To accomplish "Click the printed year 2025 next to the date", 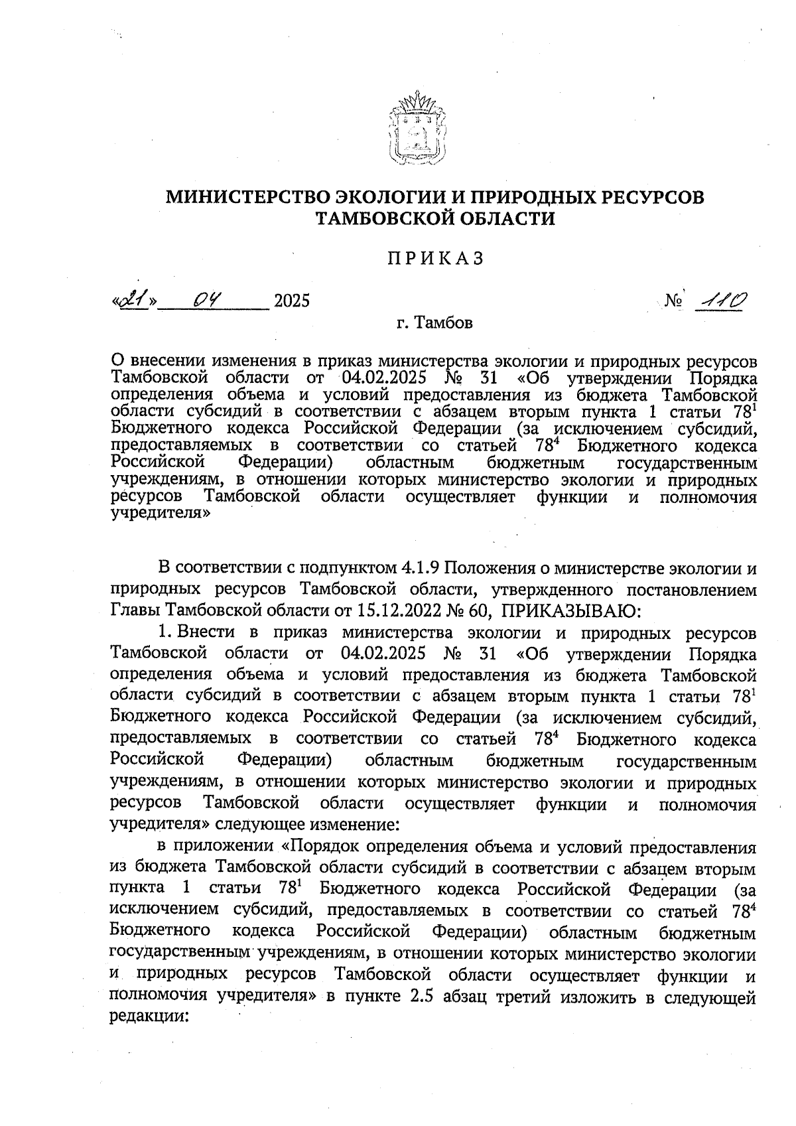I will click(x=292, y=302).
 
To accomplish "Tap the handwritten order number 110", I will click(x=719, y=302).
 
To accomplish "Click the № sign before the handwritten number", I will click(x=673, y=302).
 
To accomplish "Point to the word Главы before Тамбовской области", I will click(x=136, y=609).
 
